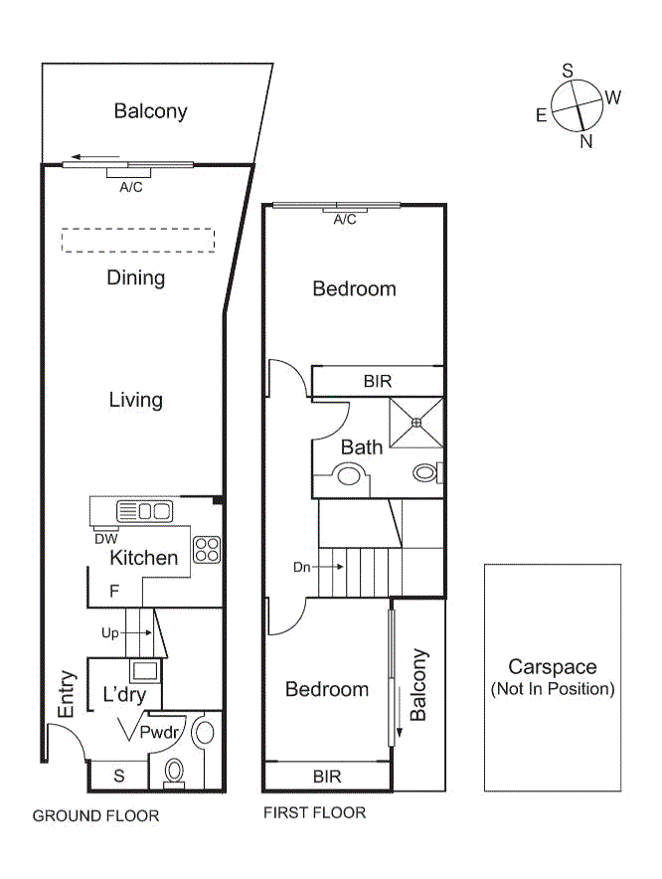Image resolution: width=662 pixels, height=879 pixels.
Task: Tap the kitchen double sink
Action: pyautogui.click(x=144, y=511)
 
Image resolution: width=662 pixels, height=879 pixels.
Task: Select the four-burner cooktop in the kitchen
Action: pyautogui.click(x=206, y=549)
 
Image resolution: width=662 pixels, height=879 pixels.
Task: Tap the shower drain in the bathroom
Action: pyautogui.click(x=416, y=422)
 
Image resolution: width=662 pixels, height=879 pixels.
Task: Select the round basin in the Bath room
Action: pyautogui.click(x=348, y=475)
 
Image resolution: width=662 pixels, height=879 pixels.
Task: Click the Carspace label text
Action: pyautogui.click(x=552, y=667)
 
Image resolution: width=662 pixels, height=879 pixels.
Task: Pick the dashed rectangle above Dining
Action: pyautogui.click(x=136, y=242)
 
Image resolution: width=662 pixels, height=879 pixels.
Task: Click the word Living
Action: pyautogui.click(x=136, y=400)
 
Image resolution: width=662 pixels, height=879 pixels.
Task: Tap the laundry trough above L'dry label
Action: pyautogui.click(x=143, y=669)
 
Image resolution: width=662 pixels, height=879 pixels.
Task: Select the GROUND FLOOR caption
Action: pyautogui.click(x=95, y=816)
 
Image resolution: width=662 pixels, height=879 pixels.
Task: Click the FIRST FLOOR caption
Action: pyautogui.click(x=314, y=813)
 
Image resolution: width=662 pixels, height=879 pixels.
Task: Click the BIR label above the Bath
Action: pyautogui.click(x=377, y=381)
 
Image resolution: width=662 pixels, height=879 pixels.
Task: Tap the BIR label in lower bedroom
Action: pyautogui.click(x=327, y=776)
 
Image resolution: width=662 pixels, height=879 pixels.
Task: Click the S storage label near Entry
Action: pyautogui.click(x=118, y=774)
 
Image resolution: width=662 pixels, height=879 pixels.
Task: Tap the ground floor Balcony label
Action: pyautogui.click(x=150, y=110)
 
